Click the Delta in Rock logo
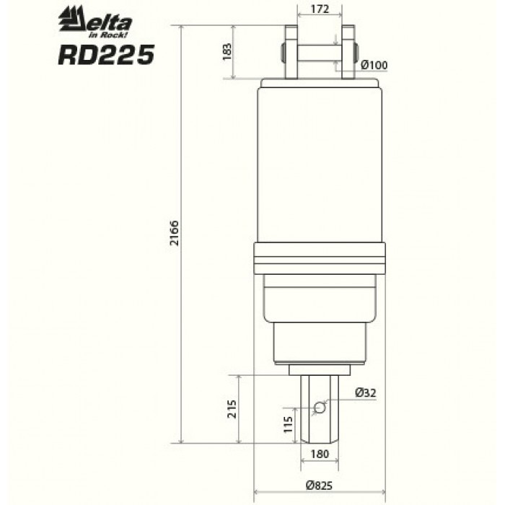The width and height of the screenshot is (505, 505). pos(95,22)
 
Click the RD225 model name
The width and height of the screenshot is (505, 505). pos(106,55)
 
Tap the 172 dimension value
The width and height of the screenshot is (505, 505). pos(320,9)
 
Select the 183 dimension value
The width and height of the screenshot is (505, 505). pos(227,51)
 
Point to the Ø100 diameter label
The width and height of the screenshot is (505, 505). pos(374,65)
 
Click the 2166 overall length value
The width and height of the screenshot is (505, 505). pos(175,233)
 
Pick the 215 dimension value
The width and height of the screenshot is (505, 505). pos(232,409)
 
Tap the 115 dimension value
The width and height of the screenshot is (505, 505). pos(288,424)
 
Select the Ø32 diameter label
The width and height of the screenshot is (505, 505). pos(366,392)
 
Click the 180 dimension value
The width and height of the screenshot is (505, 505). pos(320,454)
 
